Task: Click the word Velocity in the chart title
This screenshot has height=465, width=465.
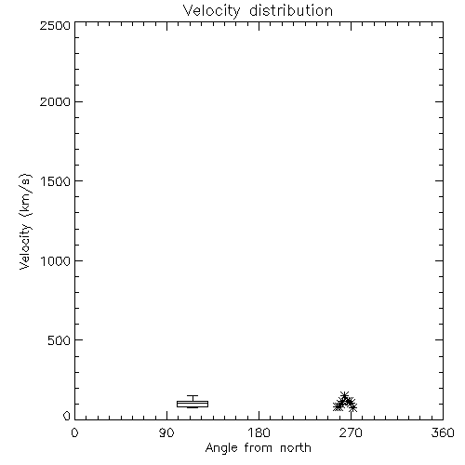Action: click(211, 11)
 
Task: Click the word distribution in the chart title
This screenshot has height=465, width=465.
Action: click(291, 10)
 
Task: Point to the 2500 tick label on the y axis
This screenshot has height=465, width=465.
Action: click(55, 25)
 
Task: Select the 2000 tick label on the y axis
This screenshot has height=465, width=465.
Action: click(55, 101)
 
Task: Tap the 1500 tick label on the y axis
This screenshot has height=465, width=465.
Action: click(56, 181)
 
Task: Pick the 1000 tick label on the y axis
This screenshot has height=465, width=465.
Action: click(56, 261)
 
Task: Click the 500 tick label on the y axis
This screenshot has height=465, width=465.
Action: click(60, 340)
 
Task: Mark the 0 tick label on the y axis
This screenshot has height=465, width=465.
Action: click(67, 416)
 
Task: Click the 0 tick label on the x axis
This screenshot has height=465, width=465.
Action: click(74, 432)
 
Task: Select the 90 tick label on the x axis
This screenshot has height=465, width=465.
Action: click(166, 432)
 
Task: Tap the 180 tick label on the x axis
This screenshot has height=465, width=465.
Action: click(259, 432)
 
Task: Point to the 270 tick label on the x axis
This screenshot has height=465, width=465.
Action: click(351, 432)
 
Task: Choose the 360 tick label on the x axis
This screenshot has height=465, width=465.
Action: click(443, 432)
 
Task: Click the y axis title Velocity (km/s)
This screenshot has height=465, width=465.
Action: click(25, 221)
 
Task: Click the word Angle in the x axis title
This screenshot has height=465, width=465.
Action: click(221, 448)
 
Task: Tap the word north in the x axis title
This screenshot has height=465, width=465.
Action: click(296, 447)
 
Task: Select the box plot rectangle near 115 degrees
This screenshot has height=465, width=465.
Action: click(193, 404)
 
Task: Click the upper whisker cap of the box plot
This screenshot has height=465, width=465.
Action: click(193, 395)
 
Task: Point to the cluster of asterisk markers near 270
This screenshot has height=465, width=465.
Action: click(345, 403)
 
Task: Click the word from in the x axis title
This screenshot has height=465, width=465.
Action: click(259, 447)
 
